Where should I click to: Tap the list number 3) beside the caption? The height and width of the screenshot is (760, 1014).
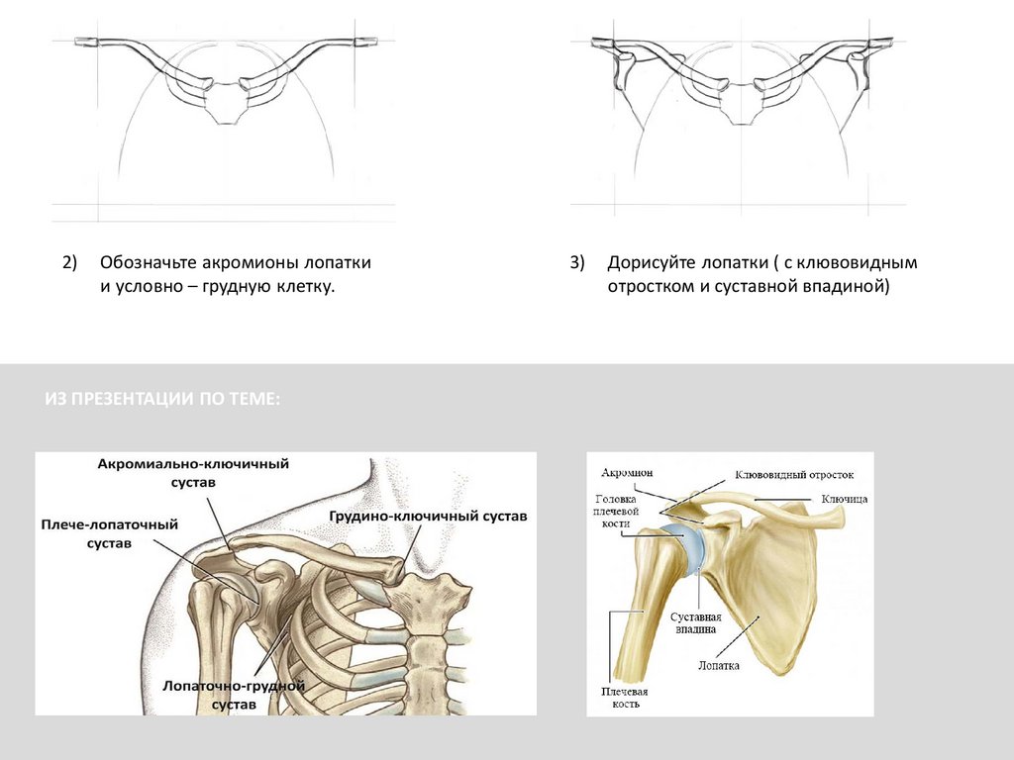(x=578, y=263)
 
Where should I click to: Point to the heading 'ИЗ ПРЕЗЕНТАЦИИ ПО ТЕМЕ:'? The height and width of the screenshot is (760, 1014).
(x=162, y=398)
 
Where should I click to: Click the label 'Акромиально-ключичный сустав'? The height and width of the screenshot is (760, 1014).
(x=192, y=472)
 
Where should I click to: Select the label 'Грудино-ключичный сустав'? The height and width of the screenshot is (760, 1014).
(x=428, y=517)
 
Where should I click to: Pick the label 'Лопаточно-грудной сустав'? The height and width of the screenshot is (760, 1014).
(x=233, y=695)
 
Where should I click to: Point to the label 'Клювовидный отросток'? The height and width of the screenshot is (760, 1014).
(x=793, y=475)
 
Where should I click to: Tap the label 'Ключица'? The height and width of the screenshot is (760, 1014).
(x=844, y=500)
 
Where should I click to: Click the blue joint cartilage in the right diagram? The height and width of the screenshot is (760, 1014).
(x=685, y=549)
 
